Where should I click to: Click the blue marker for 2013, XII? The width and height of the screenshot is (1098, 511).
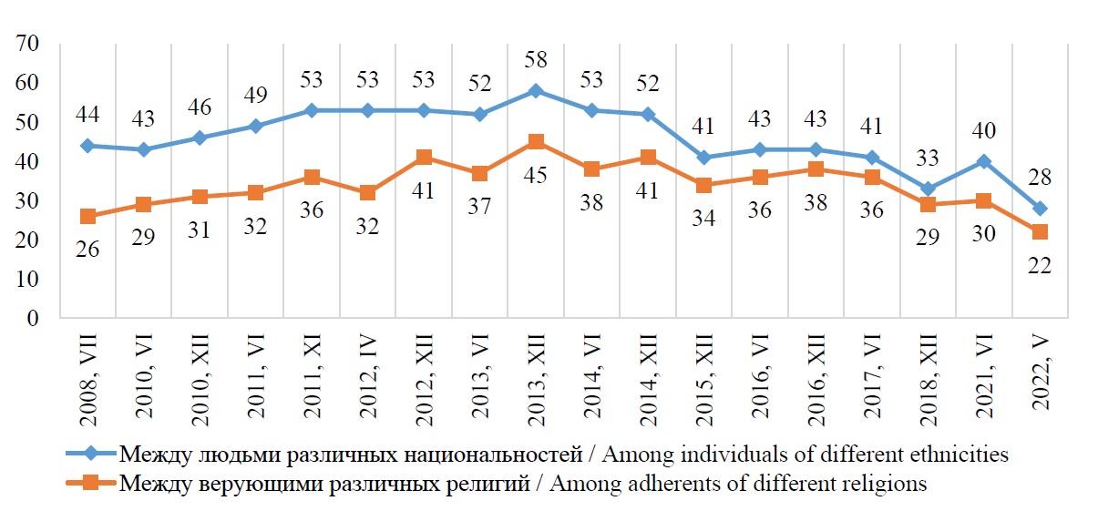click(536, 91)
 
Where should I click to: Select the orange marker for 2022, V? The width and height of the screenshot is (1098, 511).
click(1040, 232)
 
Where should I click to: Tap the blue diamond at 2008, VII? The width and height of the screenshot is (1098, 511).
click(87, 146)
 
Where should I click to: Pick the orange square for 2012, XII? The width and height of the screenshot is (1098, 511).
click(424, 158)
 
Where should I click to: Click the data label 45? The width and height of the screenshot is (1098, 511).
click(536, 173)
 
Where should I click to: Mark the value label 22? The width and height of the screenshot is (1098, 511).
click(1040, 265)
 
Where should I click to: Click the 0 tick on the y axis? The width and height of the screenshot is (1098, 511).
click(38, 319)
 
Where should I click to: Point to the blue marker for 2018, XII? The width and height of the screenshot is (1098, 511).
click(928, 189)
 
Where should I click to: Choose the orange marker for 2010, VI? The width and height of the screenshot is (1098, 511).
click(144, 205)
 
